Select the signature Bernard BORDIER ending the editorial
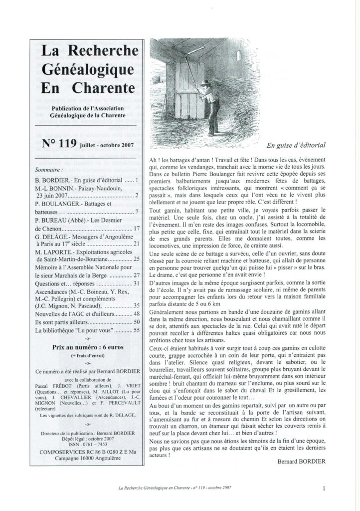[x=302, y=461]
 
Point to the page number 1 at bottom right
[x=324, y=488]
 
